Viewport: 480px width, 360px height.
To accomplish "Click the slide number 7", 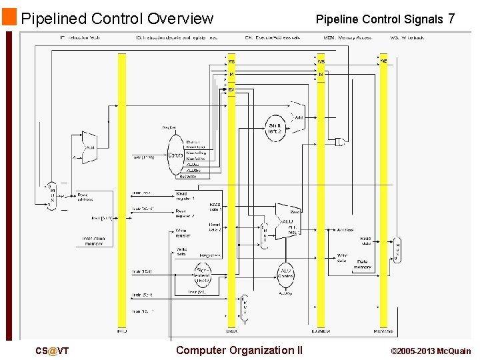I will [451, 19].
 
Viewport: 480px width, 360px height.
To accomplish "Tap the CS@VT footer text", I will [53, 351].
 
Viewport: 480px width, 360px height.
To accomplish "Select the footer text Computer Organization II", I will [239, 351].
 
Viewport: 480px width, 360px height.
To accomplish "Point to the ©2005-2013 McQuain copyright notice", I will [430, 351].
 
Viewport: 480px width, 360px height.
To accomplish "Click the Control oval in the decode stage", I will [175, 155].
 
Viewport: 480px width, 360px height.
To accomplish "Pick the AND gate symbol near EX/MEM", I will [341, 141].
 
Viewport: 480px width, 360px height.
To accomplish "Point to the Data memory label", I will [363, 264].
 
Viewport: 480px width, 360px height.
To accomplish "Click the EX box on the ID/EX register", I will [231, 89].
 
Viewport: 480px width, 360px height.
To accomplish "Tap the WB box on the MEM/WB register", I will [383, 61].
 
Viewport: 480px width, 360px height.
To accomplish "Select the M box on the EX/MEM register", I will [321, 74].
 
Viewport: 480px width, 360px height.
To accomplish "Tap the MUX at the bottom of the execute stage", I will [245, 307].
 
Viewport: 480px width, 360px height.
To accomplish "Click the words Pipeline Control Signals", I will [379, 19].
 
